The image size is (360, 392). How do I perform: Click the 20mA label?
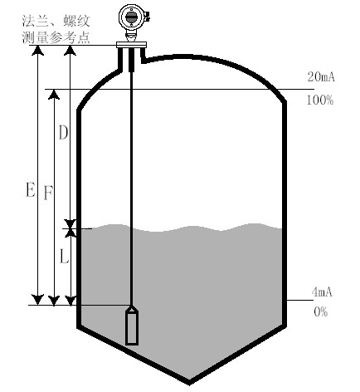[321, 76]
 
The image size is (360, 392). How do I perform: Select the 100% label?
[320, 100]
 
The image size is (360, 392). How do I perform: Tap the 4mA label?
[322, 292]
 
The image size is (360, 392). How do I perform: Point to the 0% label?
[321, 312]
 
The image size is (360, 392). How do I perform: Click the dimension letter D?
[63, 133]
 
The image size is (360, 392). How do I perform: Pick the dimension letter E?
[31, 189]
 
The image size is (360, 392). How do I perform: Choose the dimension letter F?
[48, 193]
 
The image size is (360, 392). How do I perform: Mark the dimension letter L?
[64, 256]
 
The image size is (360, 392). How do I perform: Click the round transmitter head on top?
[131, 17]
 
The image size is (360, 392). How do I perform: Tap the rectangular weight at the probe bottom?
[132, 326]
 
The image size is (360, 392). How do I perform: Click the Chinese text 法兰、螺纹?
[56, 22]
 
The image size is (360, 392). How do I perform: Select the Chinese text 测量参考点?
[56, 37]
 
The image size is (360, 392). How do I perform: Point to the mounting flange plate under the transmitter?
[131, 45]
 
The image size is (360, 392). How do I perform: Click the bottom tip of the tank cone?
[189, 384]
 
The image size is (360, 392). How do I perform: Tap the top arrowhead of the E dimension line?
[37, 51]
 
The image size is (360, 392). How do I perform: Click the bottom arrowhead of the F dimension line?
[54, 301]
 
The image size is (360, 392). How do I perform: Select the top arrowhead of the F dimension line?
[54, 95]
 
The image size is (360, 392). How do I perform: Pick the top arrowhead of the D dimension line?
[71, 51]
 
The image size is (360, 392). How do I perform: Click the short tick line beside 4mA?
[299, 300]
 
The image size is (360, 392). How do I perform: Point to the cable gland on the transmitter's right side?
[147, 16]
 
